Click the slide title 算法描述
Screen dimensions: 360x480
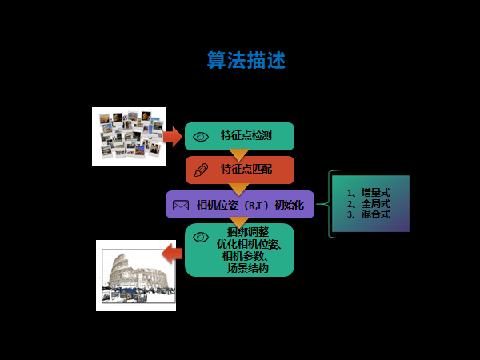tap(246, 61)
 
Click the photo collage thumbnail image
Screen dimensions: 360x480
tap(129, 136)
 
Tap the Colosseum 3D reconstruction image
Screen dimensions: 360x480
tap(136, 276)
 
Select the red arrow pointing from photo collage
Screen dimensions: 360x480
tap(173, 137)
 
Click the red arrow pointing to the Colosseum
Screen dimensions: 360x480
tap(172, 254)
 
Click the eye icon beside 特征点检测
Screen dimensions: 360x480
tap(201, 137)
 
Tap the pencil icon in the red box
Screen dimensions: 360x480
tap(201, 170)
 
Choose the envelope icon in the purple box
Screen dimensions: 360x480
tap(181, 205)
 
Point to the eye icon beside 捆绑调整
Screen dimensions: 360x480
tap(201, 237)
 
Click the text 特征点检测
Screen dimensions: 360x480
tap(246, 136)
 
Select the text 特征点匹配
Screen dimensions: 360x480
tap(246, 170)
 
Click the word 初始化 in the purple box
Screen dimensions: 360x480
tap(290, 205)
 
